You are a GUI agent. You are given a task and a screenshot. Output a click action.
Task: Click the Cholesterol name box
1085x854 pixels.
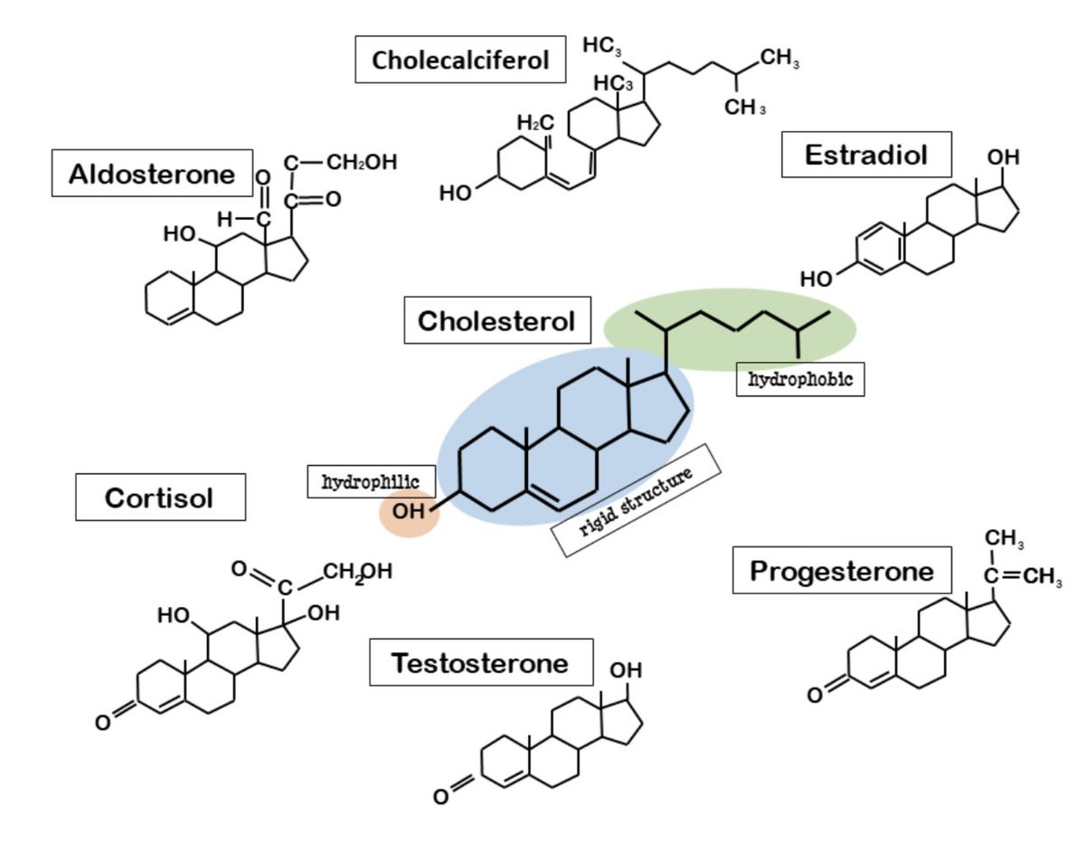[x=496, y=320]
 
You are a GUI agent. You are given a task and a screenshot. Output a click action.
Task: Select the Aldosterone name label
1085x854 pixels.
[x=150, y=174]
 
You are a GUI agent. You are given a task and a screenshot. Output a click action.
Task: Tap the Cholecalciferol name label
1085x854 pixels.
[x=461, y=61]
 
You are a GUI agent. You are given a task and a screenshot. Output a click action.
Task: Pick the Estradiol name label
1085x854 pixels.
[x=866, y=155]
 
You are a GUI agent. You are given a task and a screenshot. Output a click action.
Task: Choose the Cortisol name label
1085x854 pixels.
[x=160, y=497]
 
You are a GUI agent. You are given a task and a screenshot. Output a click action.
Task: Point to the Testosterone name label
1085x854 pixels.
[x=480, y=662]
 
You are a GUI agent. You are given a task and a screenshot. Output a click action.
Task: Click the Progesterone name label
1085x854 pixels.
[x=842, y=570]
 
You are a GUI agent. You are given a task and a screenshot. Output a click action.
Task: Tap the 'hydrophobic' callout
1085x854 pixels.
[x=800, y=380]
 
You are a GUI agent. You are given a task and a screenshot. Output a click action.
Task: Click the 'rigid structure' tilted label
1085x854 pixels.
[x=635, y=500]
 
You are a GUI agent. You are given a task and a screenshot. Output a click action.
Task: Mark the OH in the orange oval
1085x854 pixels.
[x=409, y=511]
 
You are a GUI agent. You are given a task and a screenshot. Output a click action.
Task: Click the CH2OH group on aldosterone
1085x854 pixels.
[x=362, y=163]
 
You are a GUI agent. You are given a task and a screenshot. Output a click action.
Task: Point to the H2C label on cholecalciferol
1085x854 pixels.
[x=535, y=122]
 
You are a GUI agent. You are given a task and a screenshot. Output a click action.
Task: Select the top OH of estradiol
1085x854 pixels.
[x=1003, y=157]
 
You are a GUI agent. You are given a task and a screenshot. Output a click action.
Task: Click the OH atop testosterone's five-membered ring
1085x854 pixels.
[x=625, y=670]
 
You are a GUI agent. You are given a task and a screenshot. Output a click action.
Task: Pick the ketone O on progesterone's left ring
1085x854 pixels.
[x=816, y=695]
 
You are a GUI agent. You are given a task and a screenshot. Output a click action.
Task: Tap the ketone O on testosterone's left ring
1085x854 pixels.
[x=439, y=797]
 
